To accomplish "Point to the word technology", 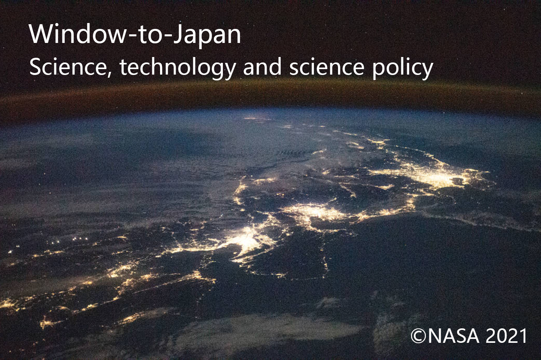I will [178, 68].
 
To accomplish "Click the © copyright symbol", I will [418, 336].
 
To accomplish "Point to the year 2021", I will [507, 336].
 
